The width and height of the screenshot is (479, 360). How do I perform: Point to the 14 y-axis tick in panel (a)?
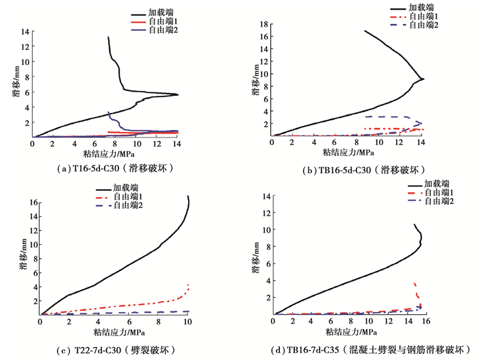coord(25,32)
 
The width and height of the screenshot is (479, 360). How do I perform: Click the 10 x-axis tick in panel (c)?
coord(187,322)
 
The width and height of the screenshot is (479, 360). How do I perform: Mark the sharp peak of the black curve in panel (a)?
coord(178,94)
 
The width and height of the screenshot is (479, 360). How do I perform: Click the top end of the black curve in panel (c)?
coord(187,196)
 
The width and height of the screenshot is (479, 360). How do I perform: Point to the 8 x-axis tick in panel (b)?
coord(357,142)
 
